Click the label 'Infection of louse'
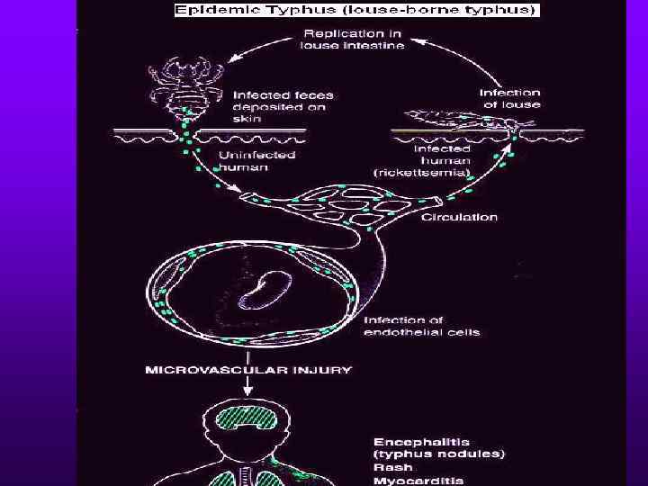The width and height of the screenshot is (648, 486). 509,98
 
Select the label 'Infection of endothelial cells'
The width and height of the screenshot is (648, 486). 421,327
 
